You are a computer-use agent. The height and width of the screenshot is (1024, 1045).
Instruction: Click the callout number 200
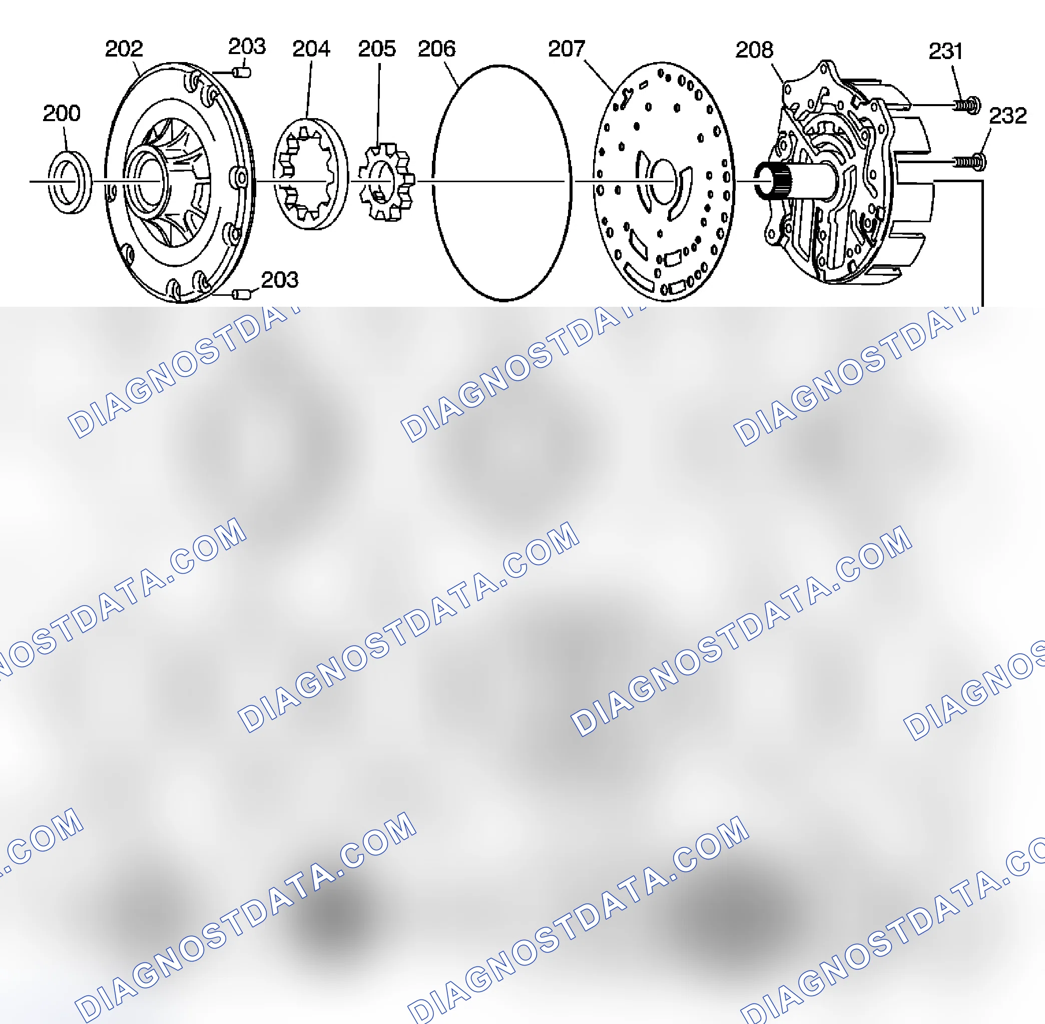(62, 114)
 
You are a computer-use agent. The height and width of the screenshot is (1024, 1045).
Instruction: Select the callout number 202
(124, 49)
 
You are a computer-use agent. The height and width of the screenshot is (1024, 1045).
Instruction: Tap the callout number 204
(311, 49)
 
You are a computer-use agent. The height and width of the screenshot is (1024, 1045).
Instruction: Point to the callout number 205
(376, 49)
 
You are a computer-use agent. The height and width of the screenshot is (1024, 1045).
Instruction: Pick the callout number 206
(436, 49)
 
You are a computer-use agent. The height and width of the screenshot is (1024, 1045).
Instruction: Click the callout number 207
(567, 49)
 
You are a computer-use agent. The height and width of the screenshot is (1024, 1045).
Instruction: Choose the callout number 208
(754, 50)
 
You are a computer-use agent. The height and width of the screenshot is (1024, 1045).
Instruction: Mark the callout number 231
(945, 52)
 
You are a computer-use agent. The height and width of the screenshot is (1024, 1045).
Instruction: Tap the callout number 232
(1008, 116)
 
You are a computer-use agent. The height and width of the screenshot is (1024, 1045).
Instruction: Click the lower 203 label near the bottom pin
(280, 280)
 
